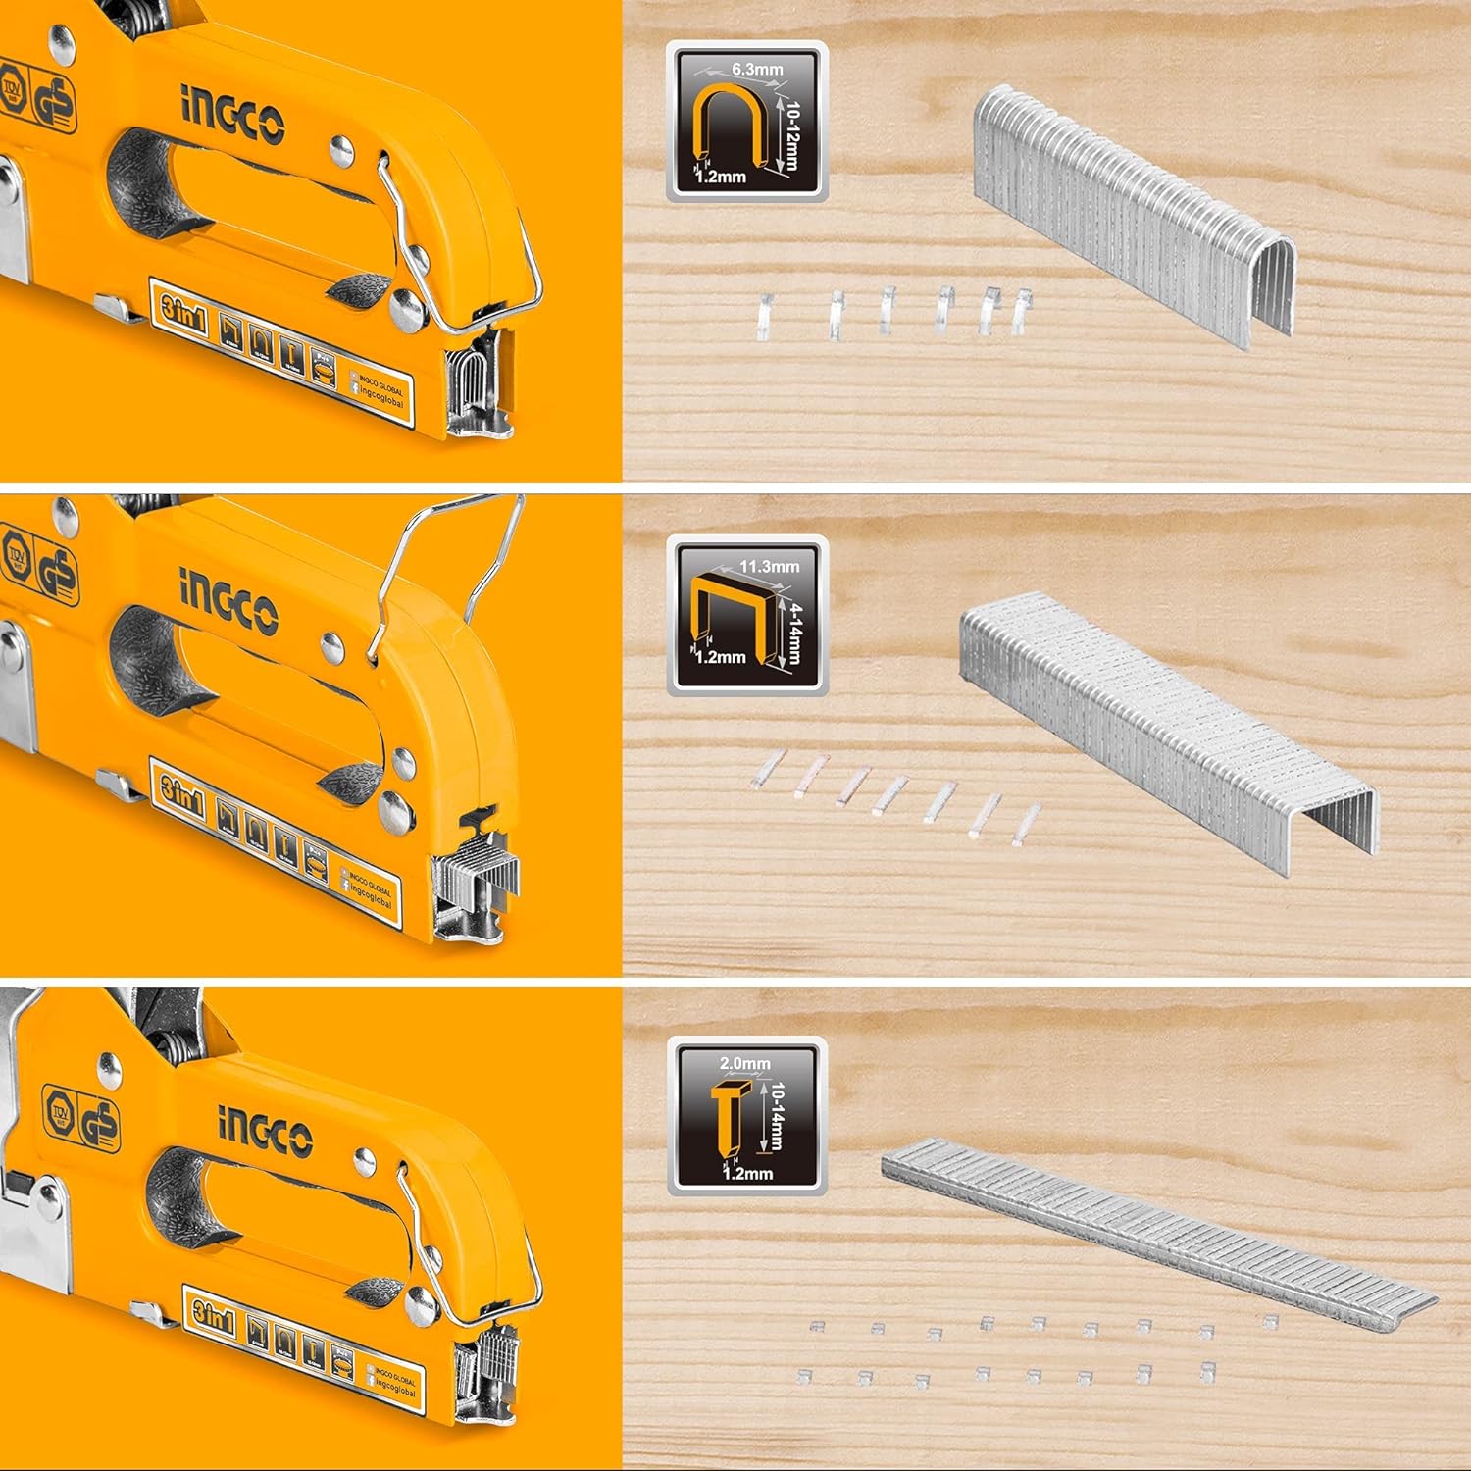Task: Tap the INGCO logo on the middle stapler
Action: pos(228,603)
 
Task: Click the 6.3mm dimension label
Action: pos(757,70)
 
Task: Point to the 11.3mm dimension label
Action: pos(769,566)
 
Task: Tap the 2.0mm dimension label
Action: pos(745,1063)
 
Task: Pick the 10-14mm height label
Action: pos(776,1116)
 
